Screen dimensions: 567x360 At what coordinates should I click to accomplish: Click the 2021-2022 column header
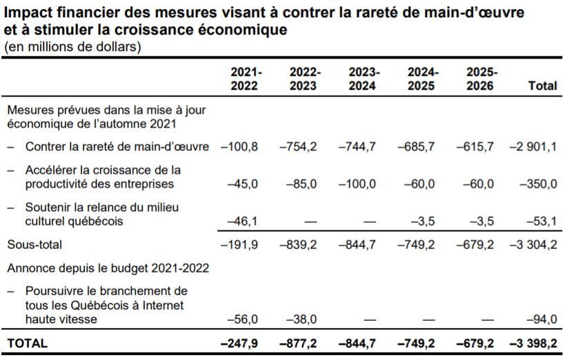tap(246, 79)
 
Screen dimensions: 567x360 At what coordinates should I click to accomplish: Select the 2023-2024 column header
tap(364, 79)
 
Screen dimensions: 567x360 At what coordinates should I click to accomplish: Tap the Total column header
tap(542, 86)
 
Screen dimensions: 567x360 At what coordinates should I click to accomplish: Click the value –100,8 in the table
tap(239, 146)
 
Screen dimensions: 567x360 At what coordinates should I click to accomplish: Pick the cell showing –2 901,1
tap(533, 146)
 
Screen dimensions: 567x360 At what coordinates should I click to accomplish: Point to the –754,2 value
tap(298, 146)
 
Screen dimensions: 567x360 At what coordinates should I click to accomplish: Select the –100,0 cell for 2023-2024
tap(357, 183)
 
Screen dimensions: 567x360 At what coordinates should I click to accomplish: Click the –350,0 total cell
tap(539, 183)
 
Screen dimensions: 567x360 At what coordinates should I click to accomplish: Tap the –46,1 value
tap(242, 221)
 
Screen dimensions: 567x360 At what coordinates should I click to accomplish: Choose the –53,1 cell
tap(541, 221)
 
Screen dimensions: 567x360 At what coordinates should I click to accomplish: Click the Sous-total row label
tap(34, 245)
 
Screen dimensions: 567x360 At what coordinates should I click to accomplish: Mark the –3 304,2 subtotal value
tap(533, 245)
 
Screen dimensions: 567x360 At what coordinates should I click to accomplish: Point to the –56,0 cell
tap(242, 319)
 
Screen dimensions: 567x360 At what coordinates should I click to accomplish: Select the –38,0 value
tap(301, 319)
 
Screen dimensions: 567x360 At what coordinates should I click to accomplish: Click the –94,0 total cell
tap(541, 319)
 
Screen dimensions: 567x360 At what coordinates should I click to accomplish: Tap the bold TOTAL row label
tap(28, 343)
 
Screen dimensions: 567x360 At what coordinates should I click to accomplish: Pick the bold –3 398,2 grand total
tap(533, 343)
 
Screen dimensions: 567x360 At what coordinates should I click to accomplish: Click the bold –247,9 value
tap(239, 343)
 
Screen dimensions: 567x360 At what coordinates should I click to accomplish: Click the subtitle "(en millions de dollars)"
tap(72, 47)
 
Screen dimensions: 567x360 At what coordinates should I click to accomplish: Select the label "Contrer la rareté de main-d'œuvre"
tap(117, 146)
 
